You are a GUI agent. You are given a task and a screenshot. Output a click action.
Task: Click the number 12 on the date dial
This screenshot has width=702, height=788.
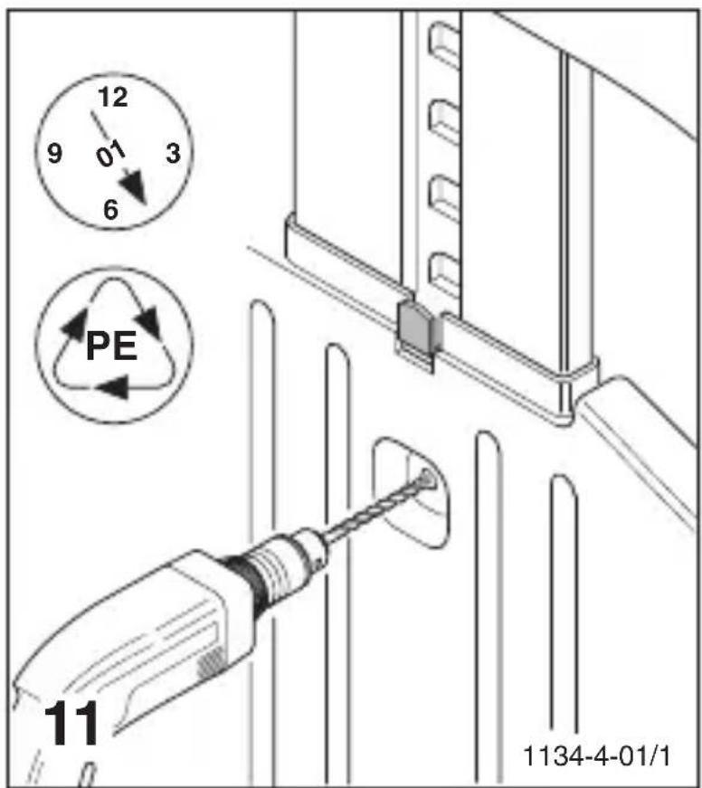(111, 97)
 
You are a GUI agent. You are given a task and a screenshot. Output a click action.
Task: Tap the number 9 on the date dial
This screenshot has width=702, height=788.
(54, 154)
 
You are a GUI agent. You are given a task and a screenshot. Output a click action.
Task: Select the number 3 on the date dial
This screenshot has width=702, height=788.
(172, 153)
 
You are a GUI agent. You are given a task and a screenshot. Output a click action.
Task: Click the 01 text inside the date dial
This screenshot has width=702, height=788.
(110, 155)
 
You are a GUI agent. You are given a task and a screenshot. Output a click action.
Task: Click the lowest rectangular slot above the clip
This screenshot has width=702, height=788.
(443, 269)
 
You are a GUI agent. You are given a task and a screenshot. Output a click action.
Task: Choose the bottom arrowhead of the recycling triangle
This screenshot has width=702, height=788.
(112, 388)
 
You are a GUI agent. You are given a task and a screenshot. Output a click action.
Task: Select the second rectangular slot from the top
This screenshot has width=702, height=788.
(443, 119)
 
